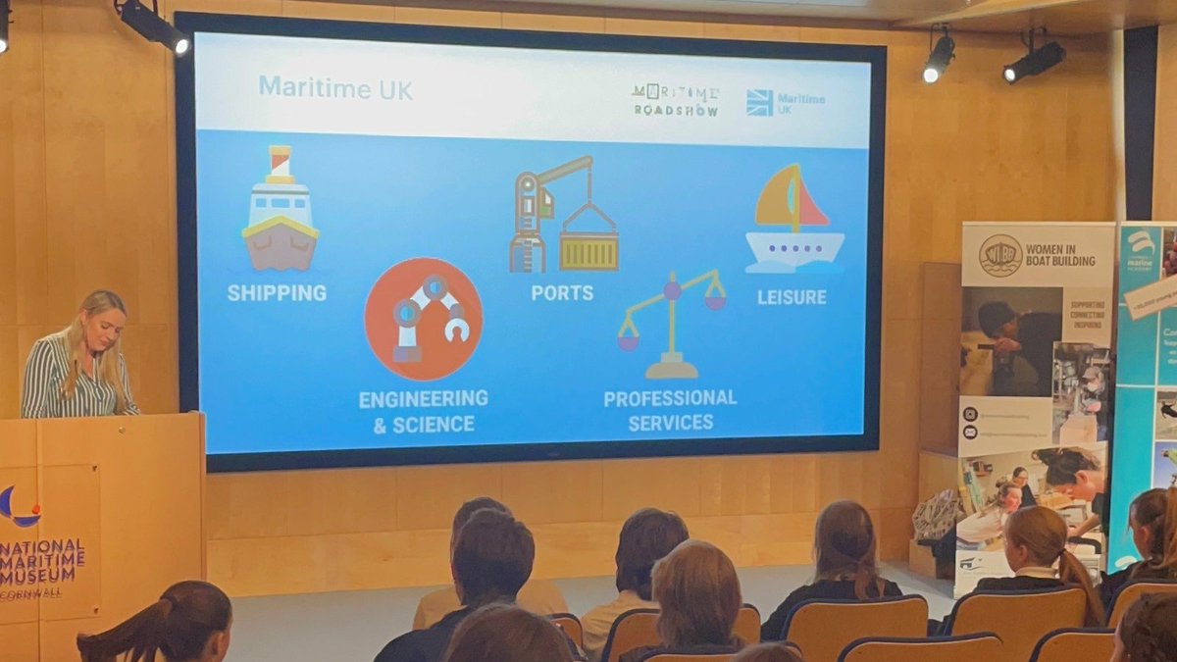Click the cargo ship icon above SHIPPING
(x=280, y=211)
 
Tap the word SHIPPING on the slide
(x=277, y=292)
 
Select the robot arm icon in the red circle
(x=423, y=319)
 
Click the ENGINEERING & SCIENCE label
(x=423, y=411)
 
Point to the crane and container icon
(x=563, y=216)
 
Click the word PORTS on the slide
(x=562, y=292)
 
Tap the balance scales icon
(x=672, y=325)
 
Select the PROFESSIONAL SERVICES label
(x=670, y=410)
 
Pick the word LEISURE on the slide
(x=792, y=295)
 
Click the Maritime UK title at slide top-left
(x=335, y=88)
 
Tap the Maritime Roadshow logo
(x=675, y=100)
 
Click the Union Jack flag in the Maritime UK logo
(x=759, y=102)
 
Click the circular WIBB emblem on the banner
(x=999, y=255)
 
